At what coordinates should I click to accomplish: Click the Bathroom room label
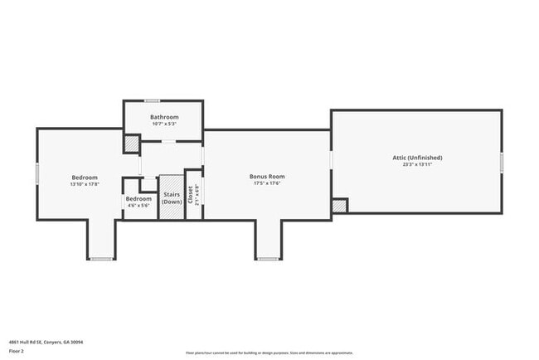pos(163,117)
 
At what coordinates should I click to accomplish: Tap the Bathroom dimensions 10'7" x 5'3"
pos(163,124)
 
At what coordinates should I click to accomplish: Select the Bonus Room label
pos(267,176)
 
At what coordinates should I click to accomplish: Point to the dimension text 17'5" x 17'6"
pos(267,183)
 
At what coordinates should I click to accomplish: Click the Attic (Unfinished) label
pos(417,157)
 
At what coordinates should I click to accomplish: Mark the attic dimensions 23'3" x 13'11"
pos(417,164)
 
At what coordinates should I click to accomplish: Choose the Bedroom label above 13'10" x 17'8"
pos(85,177)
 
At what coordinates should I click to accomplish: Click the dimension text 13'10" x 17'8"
pos(85,184)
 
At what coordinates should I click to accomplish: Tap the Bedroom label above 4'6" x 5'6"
pos(138,198)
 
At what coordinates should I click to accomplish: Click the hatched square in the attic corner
pos(339,206)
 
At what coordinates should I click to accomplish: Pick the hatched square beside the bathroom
pos(132,144)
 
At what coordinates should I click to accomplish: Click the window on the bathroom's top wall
pos(152,100)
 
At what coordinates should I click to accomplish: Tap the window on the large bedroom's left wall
pos(37,173)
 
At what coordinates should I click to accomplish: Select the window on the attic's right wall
pos(502,162)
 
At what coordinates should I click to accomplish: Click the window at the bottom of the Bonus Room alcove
pos(268,259)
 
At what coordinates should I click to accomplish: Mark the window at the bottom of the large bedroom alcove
pos(101,259)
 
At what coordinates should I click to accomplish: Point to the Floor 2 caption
pos(17,351)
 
